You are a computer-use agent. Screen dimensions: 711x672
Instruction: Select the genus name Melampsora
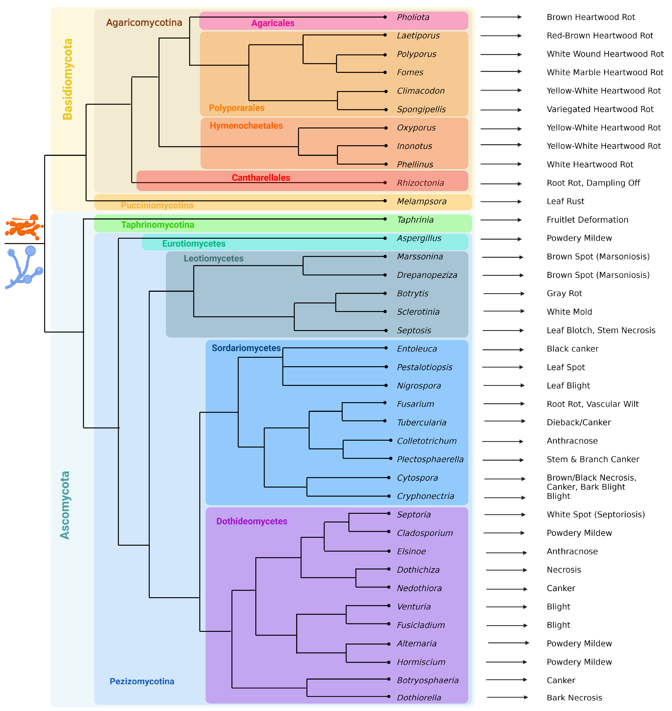coord(422,201)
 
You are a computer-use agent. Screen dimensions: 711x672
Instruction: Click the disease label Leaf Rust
coord(565,201)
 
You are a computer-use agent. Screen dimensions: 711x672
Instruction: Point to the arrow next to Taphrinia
coord(501,220)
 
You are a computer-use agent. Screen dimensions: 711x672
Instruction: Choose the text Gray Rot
coord(564,293)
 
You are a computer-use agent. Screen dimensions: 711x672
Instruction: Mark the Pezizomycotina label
coord(142,681)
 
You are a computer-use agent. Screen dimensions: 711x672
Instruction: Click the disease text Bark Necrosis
coord(574,697)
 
